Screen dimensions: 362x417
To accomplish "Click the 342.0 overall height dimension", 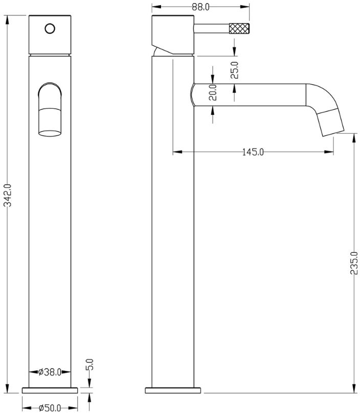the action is click(8, 195).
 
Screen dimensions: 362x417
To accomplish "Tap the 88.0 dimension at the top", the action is click(200, 7).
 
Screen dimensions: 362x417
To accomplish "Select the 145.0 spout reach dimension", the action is click(253, 152).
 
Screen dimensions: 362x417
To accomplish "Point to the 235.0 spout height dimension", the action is click(354, 263).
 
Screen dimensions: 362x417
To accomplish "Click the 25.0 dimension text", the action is click(234, 70).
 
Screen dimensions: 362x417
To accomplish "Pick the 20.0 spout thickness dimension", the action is click(213, 92).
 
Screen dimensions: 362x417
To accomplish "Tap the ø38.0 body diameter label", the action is click(50, 372).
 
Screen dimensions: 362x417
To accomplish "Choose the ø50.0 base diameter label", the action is click(50, 408).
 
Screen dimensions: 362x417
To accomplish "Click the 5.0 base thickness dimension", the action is click(90, 364).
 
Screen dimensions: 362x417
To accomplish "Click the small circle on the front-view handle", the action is click(50, 29).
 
